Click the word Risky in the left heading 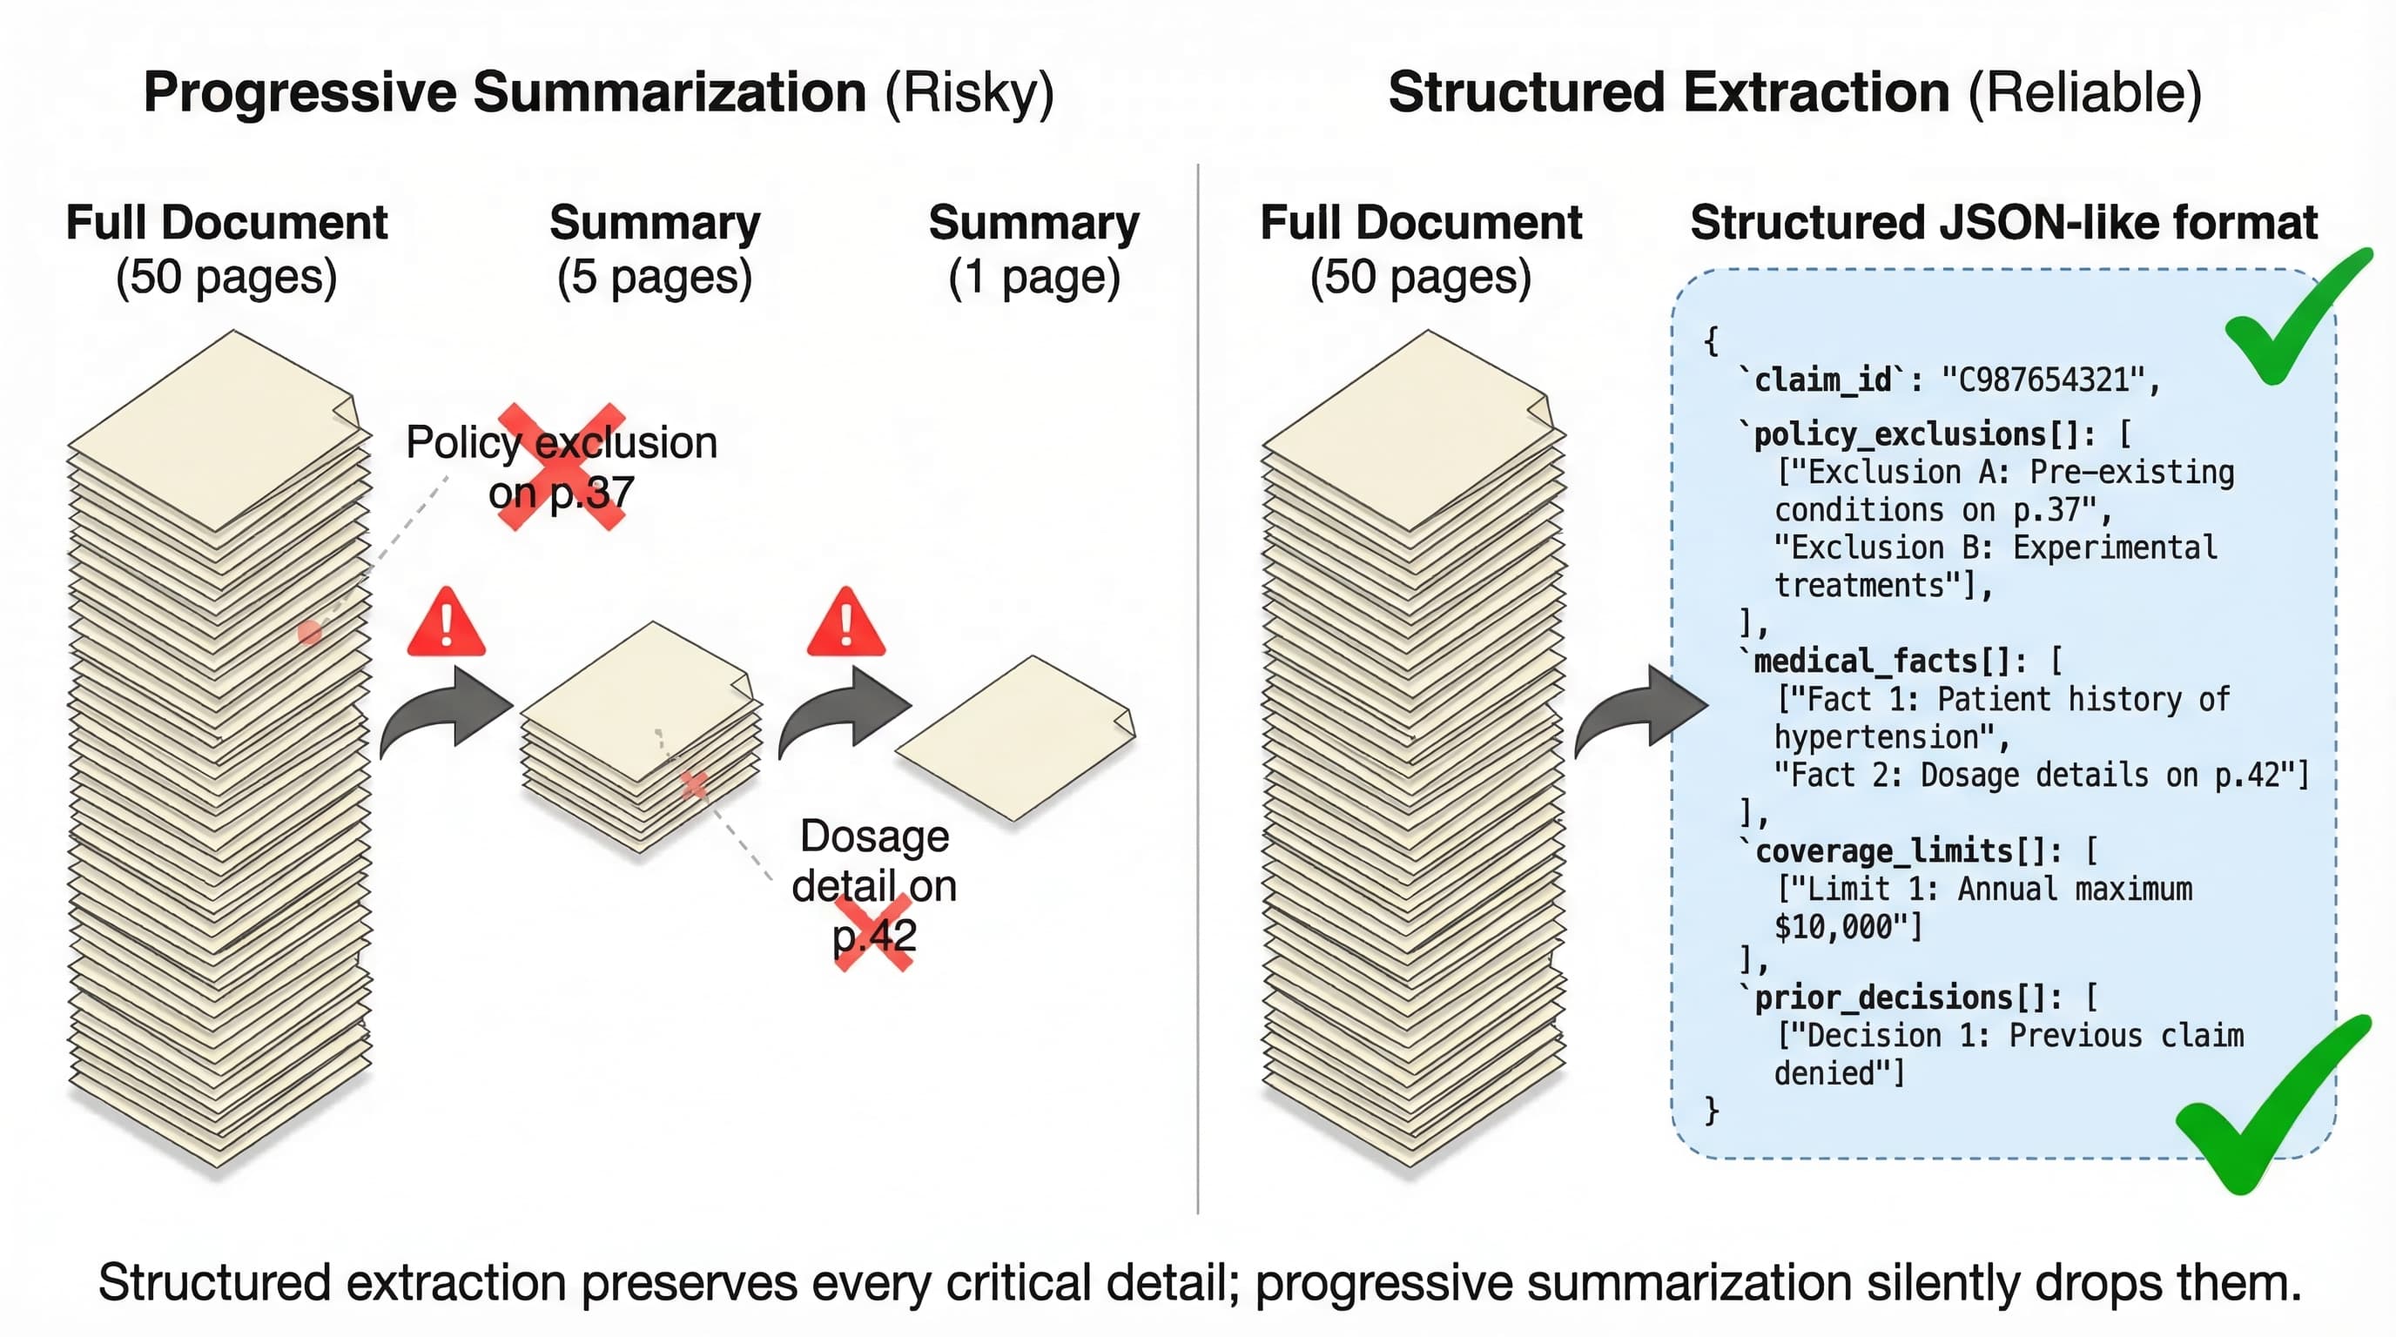click(x=969, y=93)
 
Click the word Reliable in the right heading click(x=2084, y=93)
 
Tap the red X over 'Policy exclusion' click(x=562, y=467)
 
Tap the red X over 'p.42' click(x=873, y=932)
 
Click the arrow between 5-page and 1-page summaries click(x=845, y=711)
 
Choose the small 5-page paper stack click(x=642, y=735)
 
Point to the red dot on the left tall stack click(x=310, y=633)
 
